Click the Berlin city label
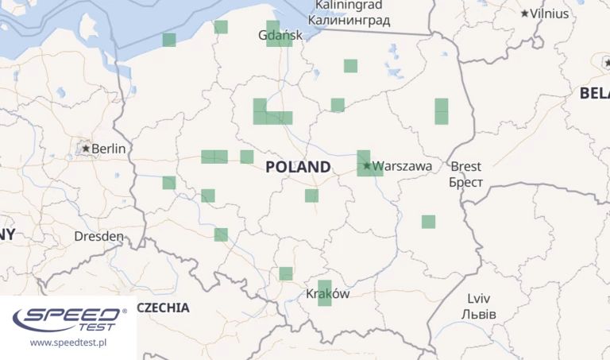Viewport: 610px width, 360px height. (109, 149)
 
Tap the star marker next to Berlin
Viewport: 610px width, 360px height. (86, 148)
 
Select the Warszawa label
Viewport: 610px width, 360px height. (402, 166)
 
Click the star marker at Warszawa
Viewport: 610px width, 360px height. (367, 165)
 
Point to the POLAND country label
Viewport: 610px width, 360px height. (298, 167)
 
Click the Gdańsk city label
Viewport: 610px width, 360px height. (280, 36)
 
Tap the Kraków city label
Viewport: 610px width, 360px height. (327, 293)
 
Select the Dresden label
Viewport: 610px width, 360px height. (98, 236)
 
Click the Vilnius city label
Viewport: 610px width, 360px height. (550, 14)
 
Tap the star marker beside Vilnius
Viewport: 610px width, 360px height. (525, 14)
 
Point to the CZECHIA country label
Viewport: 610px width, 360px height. (163, 308)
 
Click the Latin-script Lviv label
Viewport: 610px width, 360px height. (478, 299)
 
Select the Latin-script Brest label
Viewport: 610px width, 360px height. (465, 166)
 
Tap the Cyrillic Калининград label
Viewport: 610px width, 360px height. (349, 20)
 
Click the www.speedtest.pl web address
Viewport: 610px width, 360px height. (68, 343)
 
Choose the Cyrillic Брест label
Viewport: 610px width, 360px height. (465, 182)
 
